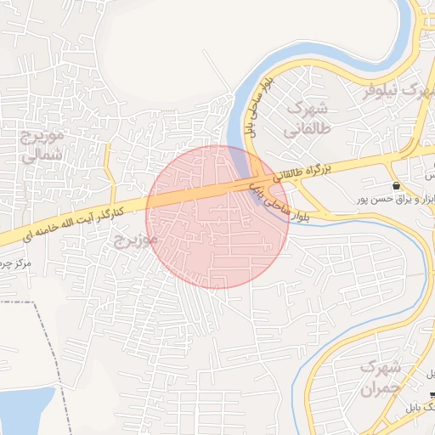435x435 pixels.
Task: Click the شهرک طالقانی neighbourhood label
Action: [307, 120]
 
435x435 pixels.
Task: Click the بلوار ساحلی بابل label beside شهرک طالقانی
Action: [256, 108]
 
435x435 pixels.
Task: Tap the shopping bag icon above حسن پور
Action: [397, 185]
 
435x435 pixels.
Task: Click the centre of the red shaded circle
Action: [217, 217]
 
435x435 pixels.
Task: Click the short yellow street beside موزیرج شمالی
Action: [108, 170]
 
